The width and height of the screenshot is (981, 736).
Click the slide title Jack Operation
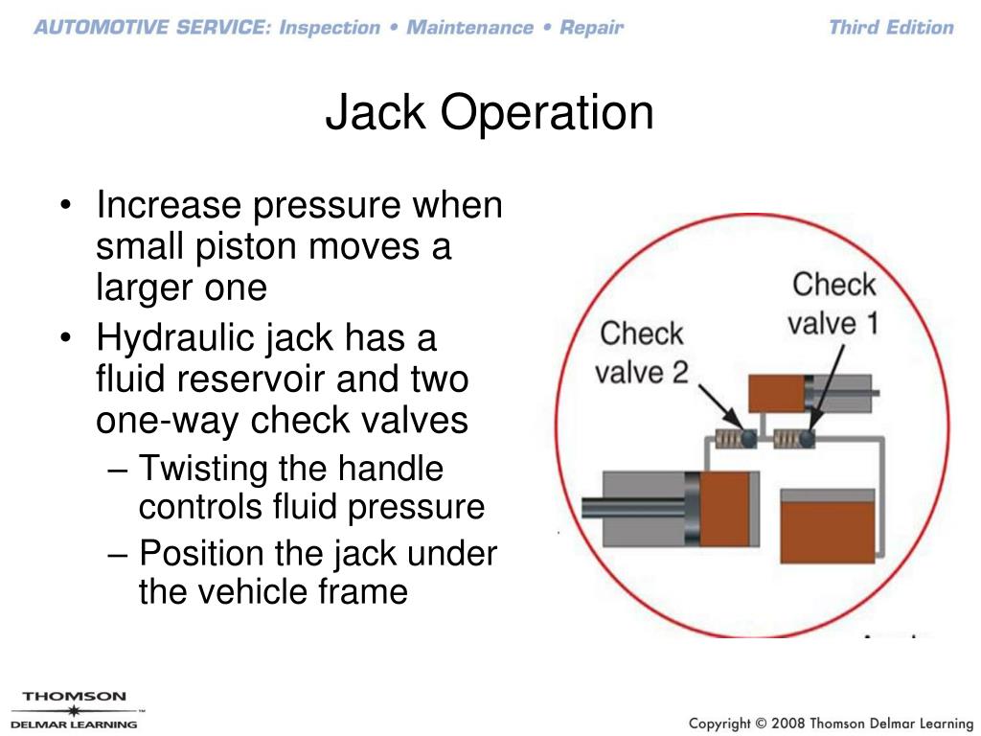490,113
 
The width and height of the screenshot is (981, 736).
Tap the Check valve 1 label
833,302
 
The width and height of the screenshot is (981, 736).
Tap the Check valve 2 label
642,352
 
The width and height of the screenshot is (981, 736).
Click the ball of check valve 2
747,439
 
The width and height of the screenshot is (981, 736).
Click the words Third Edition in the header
891,27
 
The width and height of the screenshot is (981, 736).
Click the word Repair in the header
591,27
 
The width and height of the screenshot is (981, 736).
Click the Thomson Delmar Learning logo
74,709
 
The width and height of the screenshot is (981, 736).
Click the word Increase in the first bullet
169,205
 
